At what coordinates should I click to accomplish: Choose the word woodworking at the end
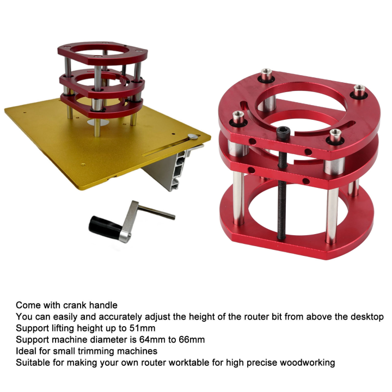tap(308, 363)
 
